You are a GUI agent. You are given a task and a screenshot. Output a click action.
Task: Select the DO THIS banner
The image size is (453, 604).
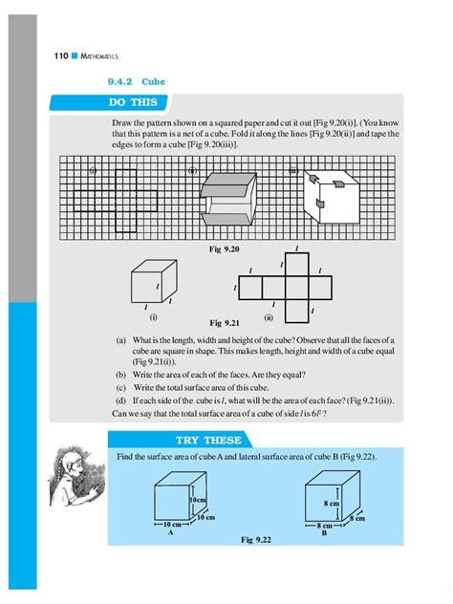pyautogui.click(x=139, y=102)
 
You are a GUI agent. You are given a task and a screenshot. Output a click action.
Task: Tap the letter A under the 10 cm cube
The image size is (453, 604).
pyautogui.click(x=169, y=534)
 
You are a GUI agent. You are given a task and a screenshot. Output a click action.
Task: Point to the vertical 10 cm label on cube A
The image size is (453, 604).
pyautogui.click(x=198, y=500)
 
